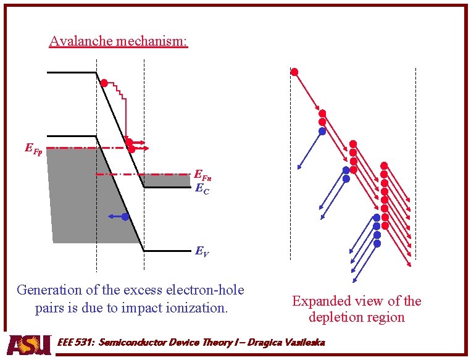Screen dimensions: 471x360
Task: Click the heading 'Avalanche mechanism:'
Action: (119, 41)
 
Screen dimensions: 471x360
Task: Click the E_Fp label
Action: (33, 148)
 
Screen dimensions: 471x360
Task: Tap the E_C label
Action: (202, 190)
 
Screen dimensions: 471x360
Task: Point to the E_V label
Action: (202, 251)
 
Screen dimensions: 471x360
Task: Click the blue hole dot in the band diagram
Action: (125, 217)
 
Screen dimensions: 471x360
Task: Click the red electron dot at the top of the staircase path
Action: (104, 83)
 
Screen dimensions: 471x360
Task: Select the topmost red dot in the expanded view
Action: (294, 72)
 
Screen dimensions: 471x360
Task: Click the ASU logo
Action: (30, 344)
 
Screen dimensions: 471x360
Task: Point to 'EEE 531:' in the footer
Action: (75, 341)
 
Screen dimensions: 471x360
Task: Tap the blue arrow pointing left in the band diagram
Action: (114, 217)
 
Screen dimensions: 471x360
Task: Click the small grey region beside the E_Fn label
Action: (167, 180)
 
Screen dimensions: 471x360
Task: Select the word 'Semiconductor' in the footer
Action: (131, 341)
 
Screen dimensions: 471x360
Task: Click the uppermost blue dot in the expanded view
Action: (322, 132)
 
